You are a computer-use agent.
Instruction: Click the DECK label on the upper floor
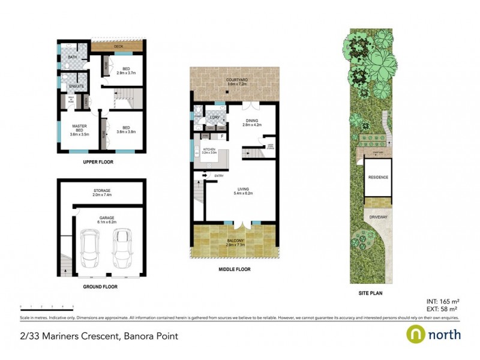116,46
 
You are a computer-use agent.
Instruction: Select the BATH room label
73,58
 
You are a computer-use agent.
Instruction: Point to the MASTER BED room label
79,128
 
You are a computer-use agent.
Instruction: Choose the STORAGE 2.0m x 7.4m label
101,193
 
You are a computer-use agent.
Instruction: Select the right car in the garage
122,244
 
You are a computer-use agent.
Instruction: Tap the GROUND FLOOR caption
101,287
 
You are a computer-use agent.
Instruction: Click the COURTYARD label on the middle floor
237,81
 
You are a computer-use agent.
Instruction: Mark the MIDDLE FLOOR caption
235,269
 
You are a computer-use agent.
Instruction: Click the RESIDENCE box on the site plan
378,178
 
